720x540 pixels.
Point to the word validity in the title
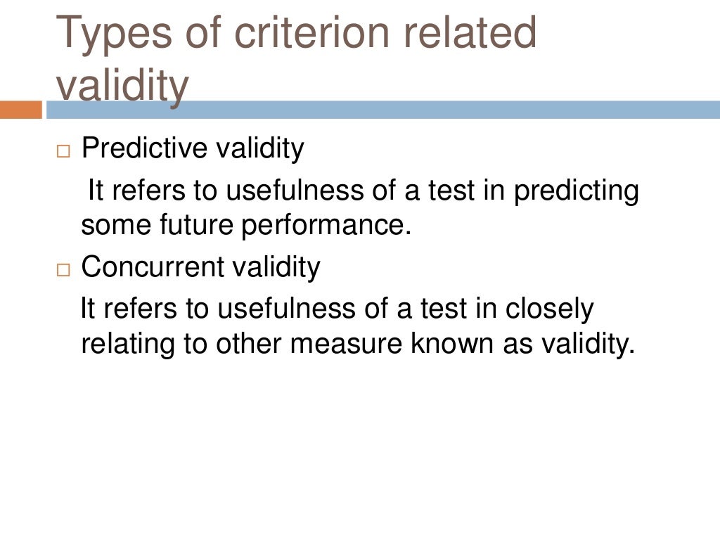click(x=122, y=86)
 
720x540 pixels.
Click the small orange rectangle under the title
click(x=21, y=110)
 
